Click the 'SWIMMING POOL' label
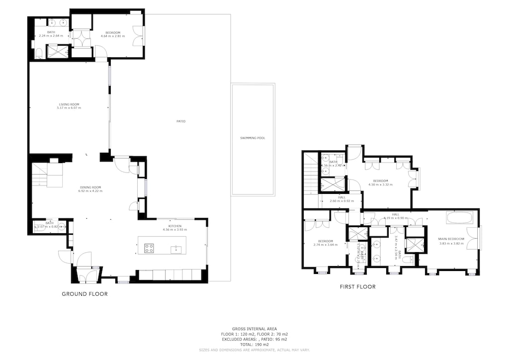(253, 138)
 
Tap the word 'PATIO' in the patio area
(180, 121)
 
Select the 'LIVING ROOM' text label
(69, 104)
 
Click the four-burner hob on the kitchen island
(149, 249)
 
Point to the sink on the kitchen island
(175, 249)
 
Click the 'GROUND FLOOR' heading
(85, 294)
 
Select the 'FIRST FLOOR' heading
(357, 286)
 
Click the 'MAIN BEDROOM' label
(452, 239)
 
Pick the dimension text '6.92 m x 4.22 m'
(91, 191)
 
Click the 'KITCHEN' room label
(168, 226)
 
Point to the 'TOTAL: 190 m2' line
(254, 345)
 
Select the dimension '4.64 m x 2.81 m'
(113, 36)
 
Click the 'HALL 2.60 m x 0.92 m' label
(342, 198)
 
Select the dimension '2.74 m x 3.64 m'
(326, 245)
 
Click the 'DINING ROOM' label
(91, 187)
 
